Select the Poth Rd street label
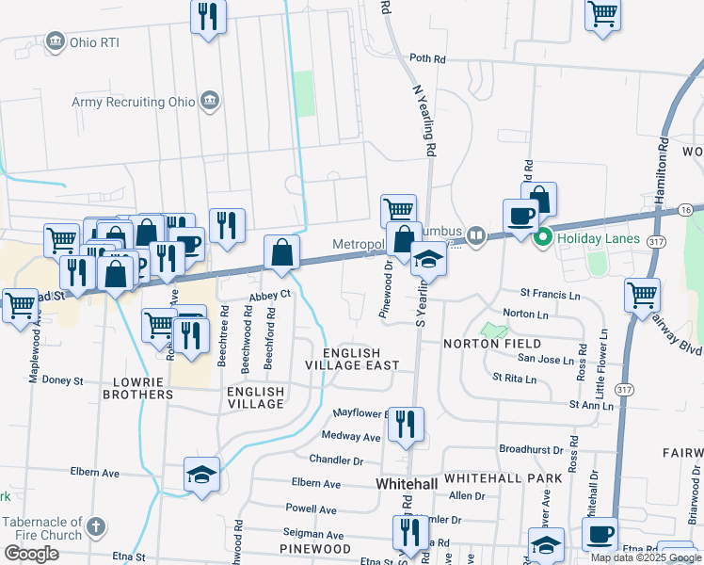pyautogui.click(x=427, y=59)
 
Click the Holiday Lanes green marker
pyautogui.click(x=543, y=239)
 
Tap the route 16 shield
pyautogui.click(x=686, y=209)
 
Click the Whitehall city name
pyautogui.click(x=407, y=483)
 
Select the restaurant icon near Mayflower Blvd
pyautogui.click(x=406, y=424)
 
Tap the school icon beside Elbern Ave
pyautogui.click(x=201, y=475)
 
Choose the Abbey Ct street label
pyautogui.click(x=271, y=296)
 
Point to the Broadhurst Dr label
pyautogui.click(x=531, y=450)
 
